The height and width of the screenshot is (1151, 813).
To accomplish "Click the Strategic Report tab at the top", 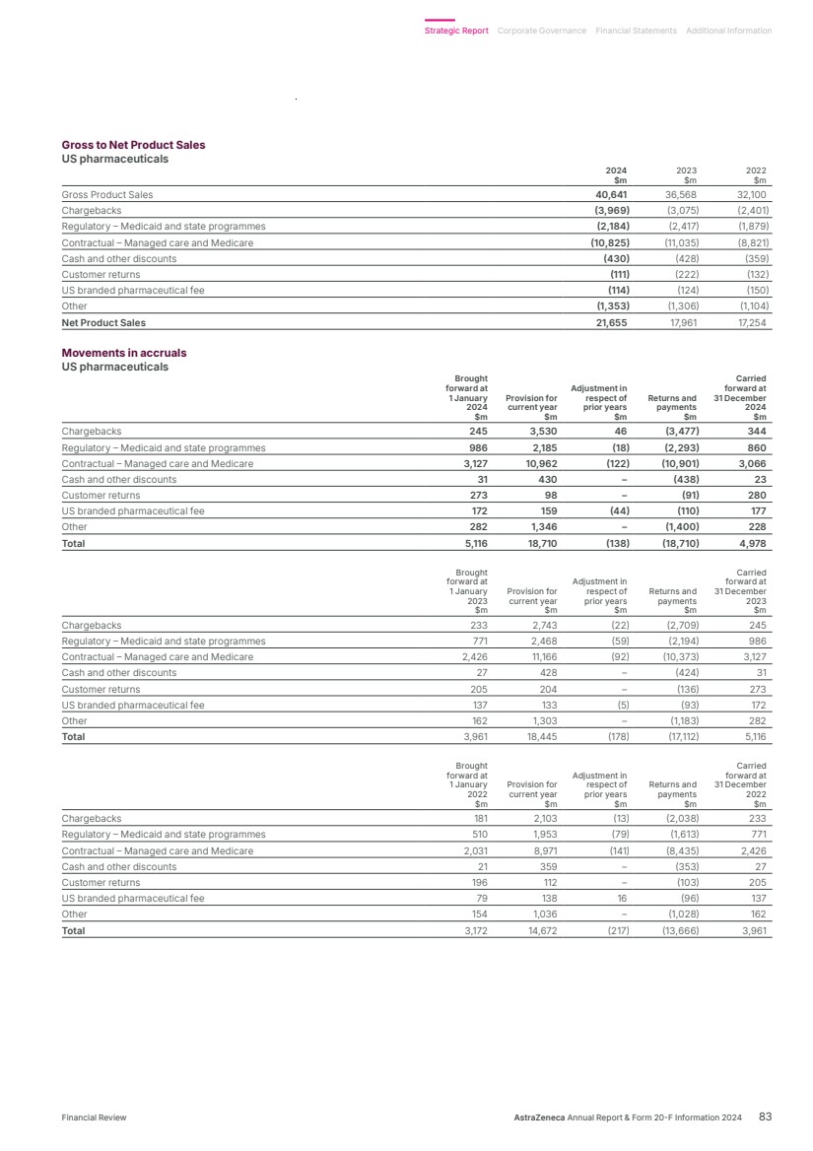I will click(456, 31).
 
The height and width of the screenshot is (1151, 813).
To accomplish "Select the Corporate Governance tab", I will click(542, 31).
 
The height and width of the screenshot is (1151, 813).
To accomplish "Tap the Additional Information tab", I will click(728, 31).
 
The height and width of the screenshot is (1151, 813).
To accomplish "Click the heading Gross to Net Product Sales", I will click(133, 145).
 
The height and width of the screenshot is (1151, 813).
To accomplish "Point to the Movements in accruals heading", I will click(123, 353).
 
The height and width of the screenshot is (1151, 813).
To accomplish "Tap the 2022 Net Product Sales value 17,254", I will click(753, 322).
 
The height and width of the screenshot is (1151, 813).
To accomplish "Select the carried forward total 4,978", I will click(753, 543).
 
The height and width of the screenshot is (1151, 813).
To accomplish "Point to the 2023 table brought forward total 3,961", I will click(473, 736).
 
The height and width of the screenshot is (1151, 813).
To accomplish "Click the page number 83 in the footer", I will click(765, 1117).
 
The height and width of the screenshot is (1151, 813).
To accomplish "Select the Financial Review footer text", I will click(94, 1117).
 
